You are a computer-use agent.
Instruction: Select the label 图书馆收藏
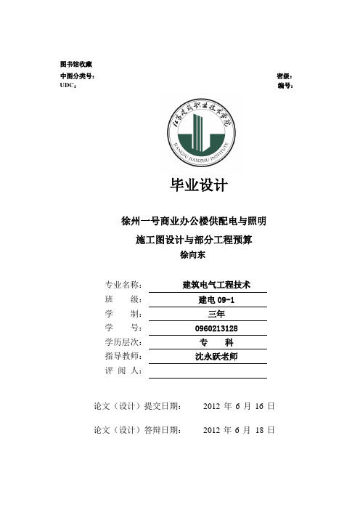[x=75, y=65]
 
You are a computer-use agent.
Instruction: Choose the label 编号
[x=285, y=85]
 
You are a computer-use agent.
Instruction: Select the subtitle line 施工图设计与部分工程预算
[x=199, y=239]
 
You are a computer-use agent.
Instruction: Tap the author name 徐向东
[x=194, y=255]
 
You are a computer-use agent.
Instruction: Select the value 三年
[x=216, y=314]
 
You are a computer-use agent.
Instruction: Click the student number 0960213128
[x=216, y=328]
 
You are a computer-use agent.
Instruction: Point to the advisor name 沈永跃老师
[x=216, y=357]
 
